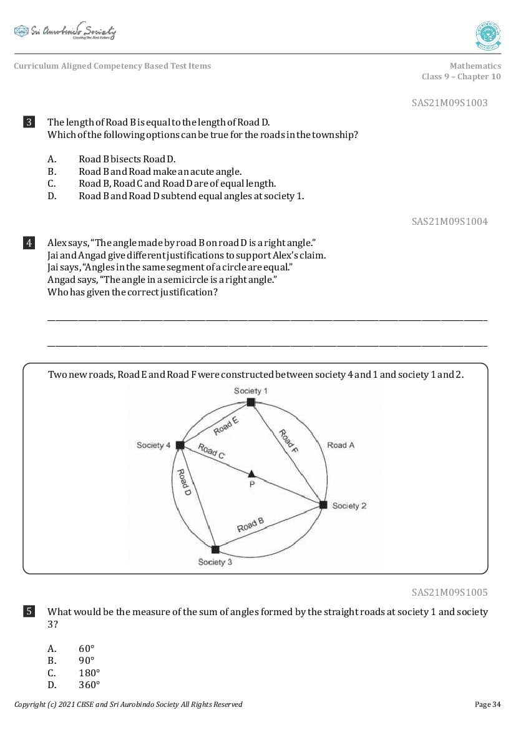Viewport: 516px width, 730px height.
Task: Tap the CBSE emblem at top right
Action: point(488,36)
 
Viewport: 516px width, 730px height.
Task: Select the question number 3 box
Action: point(29,122)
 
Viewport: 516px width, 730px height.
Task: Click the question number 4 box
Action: point(29,243)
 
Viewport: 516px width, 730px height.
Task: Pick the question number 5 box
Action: point(29,612)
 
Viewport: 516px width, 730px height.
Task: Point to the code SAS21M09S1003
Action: point(449,103)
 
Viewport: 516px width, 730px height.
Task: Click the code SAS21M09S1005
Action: point(449,592)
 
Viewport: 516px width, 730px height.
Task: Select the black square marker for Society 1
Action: point(250,403)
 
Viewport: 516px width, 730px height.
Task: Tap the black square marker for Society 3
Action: point(215,550)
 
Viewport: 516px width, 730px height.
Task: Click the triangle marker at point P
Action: point(251,474)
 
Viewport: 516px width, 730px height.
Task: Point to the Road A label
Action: point(341,445)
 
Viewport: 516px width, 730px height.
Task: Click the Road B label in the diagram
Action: point(251,525)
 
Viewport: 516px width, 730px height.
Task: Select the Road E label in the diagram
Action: point(225,426)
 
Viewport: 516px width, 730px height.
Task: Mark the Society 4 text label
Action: point(153,445)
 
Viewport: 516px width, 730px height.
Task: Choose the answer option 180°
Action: point(89,673)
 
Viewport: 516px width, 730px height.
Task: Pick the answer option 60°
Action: point(87,648)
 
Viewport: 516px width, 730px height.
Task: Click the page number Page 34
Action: point(487,704)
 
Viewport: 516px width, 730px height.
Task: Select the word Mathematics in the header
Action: point(475,66)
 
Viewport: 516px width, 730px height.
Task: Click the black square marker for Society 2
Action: point(323,505)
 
